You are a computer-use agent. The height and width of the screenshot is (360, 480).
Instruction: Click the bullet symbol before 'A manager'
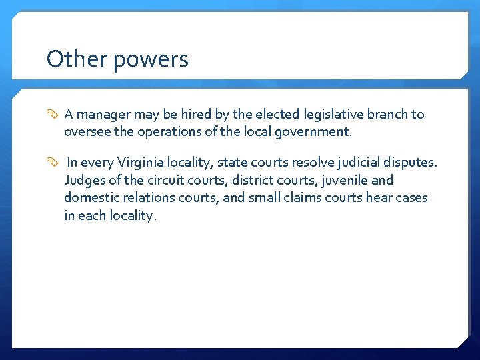pyautogui.click(x=53, y=115)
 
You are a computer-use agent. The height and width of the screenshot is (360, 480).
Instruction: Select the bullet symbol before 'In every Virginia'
pyautogui.click(x=53, y=162)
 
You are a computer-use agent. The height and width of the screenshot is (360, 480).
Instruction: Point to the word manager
pyautogui.click(x=104, y=115)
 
